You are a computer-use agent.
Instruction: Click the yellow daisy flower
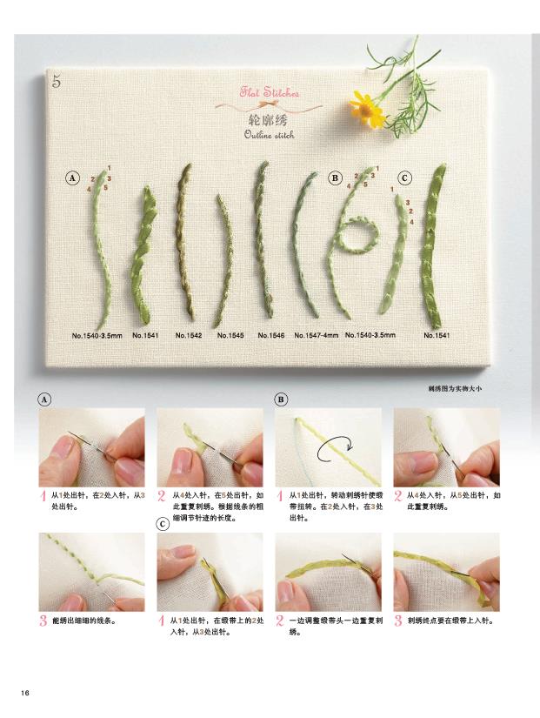367,109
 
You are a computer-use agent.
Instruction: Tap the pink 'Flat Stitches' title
270,92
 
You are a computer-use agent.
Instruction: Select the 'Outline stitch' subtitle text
269,135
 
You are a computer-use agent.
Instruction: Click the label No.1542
189,335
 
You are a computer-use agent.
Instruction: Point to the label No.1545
230,335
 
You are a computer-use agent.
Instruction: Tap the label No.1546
271,335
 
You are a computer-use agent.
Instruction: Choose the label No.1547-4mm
317,335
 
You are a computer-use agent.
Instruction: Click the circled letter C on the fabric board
404,178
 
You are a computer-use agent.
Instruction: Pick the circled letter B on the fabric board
335,178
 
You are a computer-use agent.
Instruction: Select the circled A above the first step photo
44,399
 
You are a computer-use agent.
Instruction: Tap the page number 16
24,693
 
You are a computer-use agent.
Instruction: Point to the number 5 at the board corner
57,82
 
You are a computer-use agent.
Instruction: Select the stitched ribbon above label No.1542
184,242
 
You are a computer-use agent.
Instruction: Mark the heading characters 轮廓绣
268,120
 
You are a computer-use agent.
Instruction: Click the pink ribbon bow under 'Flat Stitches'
269,104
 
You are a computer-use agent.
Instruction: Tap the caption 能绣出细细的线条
84,621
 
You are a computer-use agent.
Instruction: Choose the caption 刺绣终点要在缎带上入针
450,621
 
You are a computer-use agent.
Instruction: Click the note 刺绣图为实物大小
455,389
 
